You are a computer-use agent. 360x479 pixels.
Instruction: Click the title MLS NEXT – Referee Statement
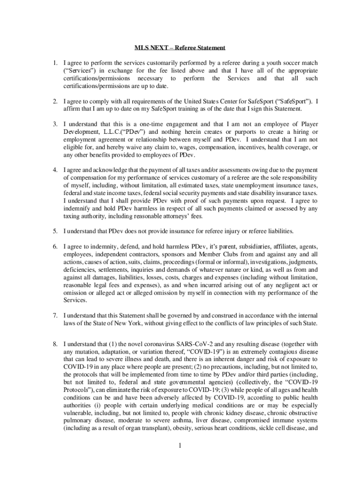coord(180,48)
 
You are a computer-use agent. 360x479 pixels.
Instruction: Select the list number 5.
coord(54,231)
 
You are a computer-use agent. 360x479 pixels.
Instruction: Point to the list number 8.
coord(54,344)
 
